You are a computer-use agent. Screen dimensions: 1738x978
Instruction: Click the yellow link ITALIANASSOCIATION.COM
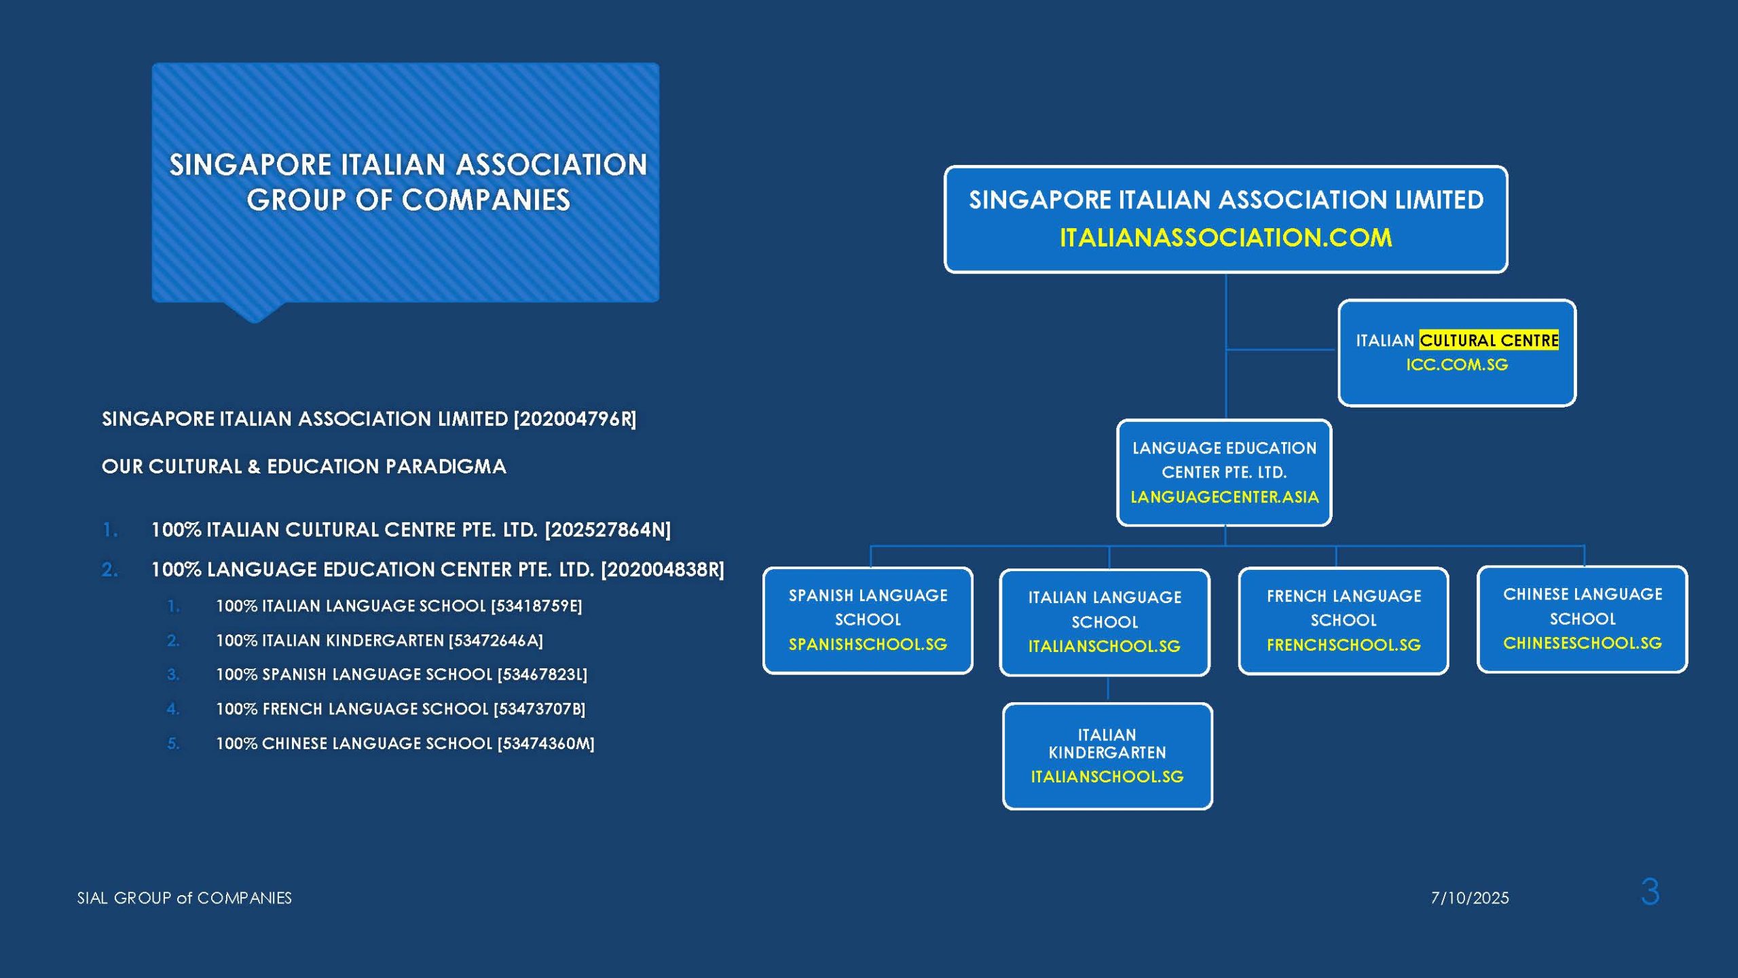(x=1225, y=238)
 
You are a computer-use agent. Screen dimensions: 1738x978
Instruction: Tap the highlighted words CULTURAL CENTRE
(x=1489, y=340)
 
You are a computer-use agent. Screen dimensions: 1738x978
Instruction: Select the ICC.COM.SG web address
(x=1457, y=365)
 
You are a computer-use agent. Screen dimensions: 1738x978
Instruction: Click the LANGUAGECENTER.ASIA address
(x=1225, y=497)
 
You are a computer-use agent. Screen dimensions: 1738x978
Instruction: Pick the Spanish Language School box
(x=868, y=621)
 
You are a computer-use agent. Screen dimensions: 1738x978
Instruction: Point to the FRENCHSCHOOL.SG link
(x=1344, y=645)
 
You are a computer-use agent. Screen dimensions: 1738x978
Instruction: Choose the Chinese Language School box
(x=1583, y=619)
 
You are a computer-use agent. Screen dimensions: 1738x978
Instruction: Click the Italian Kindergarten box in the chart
(x=1107, y=756)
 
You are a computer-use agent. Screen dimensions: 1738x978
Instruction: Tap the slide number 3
(x=1650, y=892)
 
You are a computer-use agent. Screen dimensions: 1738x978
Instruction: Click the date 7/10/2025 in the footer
(x=1470, y=898)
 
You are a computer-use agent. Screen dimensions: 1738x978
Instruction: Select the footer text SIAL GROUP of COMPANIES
(x=185, y=898)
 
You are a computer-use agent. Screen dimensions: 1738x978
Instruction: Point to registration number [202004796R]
(x=575, y=419)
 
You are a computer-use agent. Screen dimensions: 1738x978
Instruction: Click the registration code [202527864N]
(x=608, y=530)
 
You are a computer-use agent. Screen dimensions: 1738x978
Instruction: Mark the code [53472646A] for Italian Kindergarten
(x=496, y=640)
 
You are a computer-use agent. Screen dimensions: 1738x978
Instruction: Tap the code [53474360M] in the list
(x=546, y=744)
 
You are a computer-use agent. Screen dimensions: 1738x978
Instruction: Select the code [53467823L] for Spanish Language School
(x=542, y=674)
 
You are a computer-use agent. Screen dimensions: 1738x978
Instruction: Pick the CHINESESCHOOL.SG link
(x=1583, y=643)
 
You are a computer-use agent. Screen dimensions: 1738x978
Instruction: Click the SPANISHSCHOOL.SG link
(x=868, y=645)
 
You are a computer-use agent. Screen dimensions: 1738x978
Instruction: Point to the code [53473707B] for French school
(x=540, y=709)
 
